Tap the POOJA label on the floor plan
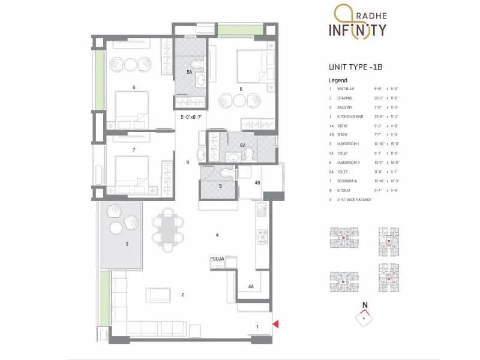click(x=217, y=259)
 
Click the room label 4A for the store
click(x=250, y=287)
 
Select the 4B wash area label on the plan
click(x=257, y=182)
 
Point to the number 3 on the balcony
click(x=127, y=244)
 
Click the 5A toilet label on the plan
click(x=189, y=72)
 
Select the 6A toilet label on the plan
click(x=243, y=146)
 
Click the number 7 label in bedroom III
click(x=134, y=149)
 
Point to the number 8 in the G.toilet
click(x=221, y=187)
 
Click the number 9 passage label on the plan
click(x=188, y=163)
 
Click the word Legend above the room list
click(x=338, y=80)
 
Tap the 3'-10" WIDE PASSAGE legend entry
click(x=353, y=199)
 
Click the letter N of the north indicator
click(x=365, y=304)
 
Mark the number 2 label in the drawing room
click(x=182, y=295)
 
